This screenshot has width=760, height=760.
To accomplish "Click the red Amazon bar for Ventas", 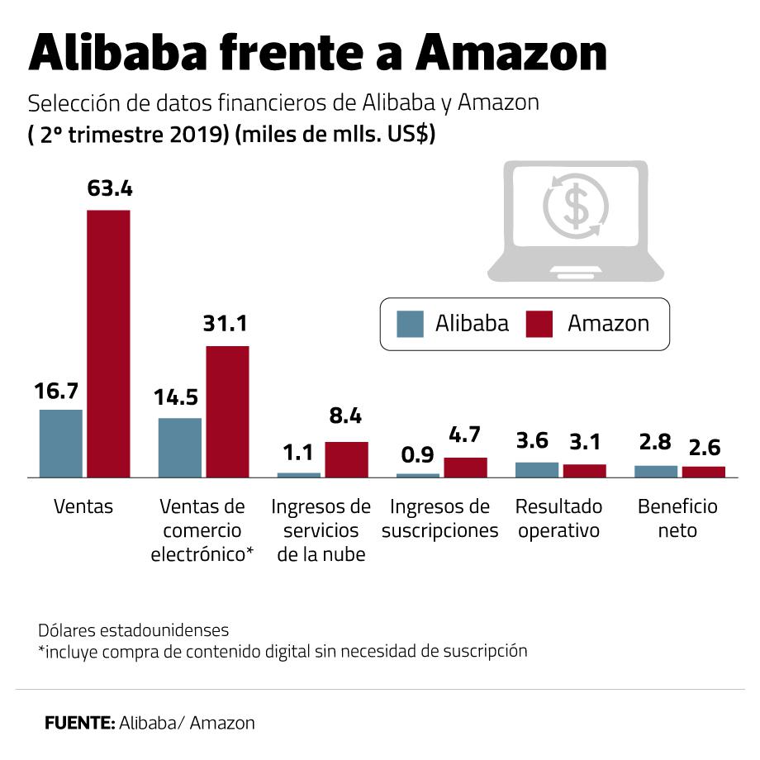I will [109, 343].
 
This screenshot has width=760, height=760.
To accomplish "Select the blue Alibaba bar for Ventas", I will [61, 443].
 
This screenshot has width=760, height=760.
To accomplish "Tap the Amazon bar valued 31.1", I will [227, 411].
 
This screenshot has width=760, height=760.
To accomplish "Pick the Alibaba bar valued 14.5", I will [180, 447].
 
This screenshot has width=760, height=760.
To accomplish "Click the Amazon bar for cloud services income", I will [346, 459].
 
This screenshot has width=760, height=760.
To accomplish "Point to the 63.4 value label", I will [110, 188].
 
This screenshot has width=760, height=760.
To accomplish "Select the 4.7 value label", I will [464, 436].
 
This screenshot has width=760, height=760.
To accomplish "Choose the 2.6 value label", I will [703, 448].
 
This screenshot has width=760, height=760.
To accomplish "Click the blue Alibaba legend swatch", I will [410, 323].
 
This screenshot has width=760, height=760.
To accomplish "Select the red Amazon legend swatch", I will [538, 323].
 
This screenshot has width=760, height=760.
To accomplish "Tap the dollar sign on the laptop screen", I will [575, 207].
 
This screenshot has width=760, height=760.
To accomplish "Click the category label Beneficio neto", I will [677, 518].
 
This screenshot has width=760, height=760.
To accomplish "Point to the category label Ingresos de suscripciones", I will [440, 518].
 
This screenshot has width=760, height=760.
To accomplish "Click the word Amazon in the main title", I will [512, 55].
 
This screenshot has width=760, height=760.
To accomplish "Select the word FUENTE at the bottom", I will [79, 723].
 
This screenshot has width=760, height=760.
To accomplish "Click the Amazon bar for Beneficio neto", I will [703, 472].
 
